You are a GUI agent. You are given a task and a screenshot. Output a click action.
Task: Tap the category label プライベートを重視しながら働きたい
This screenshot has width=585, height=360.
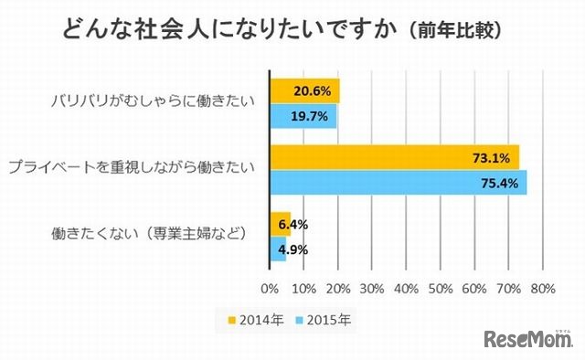(x=132, y=167)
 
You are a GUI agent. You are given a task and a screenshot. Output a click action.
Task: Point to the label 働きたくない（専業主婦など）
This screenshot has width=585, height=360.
(x=150, y=233)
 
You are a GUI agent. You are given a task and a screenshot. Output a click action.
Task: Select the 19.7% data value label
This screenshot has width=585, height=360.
(x=312, y=115)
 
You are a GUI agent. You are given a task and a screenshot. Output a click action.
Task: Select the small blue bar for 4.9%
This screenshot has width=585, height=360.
(x=278, y=248)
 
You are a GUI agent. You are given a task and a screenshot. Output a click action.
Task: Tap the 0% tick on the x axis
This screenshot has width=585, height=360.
(x=271, y=289)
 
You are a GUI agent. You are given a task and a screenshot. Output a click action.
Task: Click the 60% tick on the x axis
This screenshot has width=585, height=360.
(x=473, y=289)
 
